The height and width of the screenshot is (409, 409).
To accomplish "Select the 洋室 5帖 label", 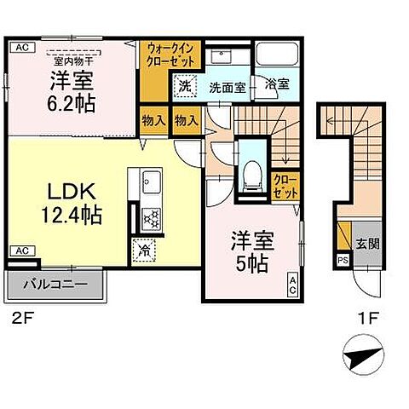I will [x=250, y=251].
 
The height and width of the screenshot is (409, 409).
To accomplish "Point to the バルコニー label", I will [x=54, y=285].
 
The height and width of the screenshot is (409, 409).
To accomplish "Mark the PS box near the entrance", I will [x=343, y=260].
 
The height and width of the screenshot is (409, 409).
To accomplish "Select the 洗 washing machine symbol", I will [x=184, y=84].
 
